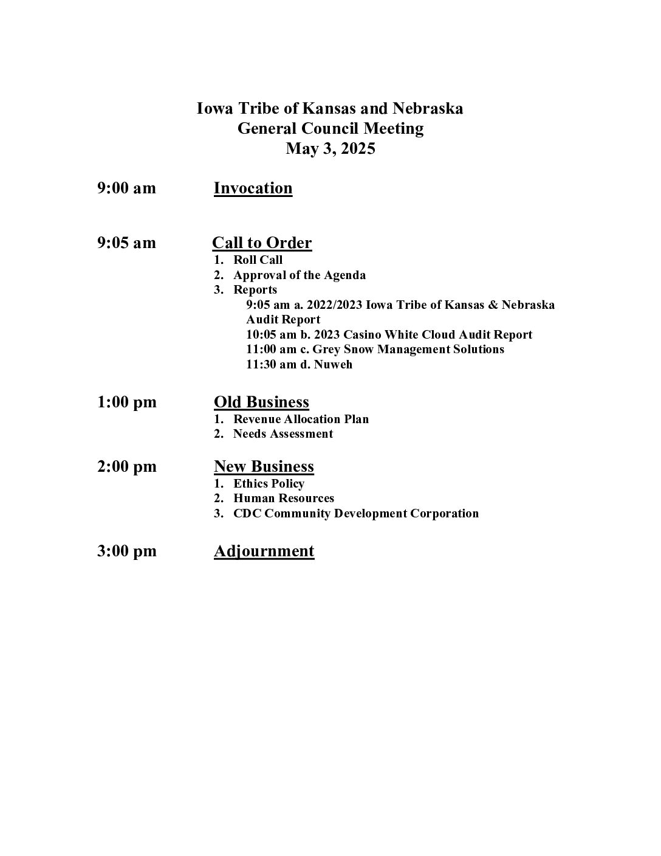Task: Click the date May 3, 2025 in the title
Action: click(x=330, y=148)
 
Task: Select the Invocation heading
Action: click(x=253, y=188)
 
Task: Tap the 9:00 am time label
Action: click(x=126, y=188)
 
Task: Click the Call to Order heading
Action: click(x=262, y=243)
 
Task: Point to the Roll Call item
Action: click(x=258, y=260)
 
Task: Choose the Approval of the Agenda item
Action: click(x=300, y=275)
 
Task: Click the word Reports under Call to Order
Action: click(x=255, y=290)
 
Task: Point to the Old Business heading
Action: click(x=261, y=402)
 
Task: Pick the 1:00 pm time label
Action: click(x=126, y=402)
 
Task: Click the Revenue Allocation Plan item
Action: click(x=301, y=419)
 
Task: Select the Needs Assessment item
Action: click(x=283, y=433)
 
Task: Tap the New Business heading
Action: click(x=264, y=466)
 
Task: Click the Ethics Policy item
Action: click(x=269, y=483)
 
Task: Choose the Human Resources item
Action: click(x=284, y=499)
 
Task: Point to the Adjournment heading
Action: click(x=264, y=551)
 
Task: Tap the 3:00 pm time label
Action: click(x=126, y=551)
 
